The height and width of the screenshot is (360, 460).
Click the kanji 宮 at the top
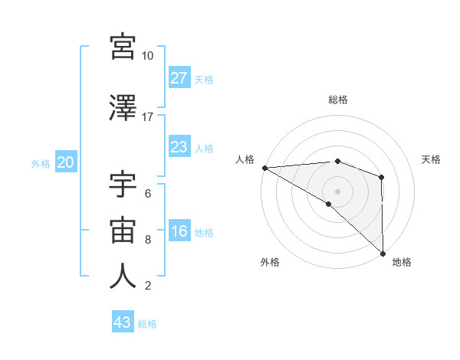click(123, 47)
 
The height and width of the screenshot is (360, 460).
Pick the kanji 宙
click(123, 229)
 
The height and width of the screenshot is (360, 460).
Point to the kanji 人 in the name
click(123, 277)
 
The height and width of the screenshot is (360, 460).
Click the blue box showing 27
click(179, 78)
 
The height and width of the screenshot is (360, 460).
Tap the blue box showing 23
click(179, 147)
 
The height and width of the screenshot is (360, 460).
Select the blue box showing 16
click(179, 232)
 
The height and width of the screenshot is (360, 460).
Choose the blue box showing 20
click(66, 162)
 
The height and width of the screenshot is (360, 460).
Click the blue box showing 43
click(123, 322)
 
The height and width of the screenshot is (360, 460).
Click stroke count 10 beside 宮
click(147, 56)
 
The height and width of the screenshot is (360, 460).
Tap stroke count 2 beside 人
click(147, 286)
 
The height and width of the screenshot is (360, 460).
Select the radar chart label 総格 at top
click(337, 100)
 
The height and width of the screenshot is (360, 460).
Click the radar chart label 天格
click(431, 159)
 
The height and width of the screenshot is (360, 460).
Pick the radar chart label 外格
click(270, 262)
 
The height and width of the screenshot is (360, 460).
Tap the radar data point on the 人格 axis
click(264, 167)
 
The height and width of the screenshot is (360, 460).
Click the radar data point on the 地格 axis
click(382, 252)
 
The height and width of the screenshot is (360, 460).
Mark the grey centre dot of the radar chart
click(337, 191)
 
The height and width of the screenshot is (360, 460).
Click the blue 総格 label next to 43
click(147, 323)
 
